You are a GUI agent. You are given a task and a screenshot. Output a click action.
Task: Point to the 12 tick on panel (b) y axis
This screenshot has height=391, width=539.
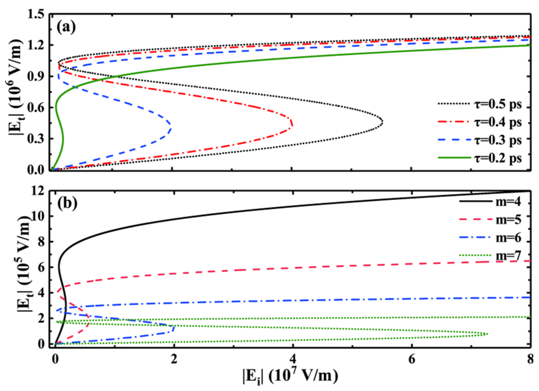click(x=38, y=191)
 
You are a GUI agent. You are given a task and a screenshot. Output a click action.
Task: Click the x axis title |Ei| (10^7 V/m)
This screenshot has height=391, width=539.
click(x=291, y=376)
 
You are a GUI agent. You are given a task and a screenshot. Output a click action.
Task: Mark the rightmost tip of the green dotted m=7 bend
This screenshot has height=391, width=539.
click(x=487, y=334)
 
